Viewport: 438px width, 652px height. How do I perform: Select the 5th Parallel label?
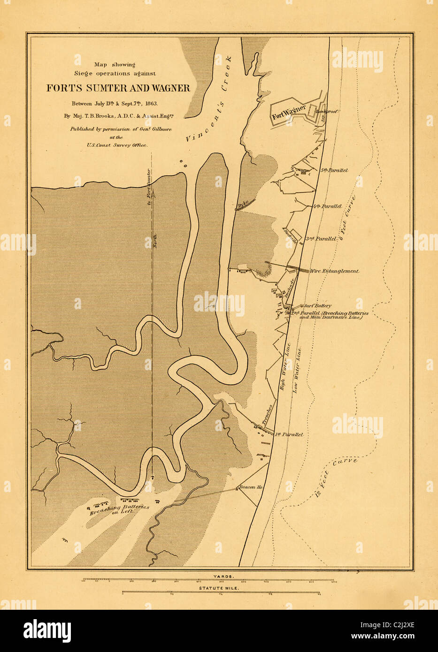(x=334, y=170)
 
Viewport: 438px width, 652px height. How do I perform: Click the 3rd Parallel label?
(x=322, y=239)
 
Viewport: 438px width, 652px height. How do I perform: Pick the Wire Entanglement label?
(x=335, y=271)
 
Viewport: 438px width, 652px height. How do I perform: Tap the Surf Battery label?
(x=318, y=306)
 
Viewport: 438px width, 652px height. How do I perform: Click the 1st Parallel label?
(x=289, y=435)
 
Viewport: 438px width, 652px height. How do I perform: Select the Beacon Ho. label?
(x=251, y=487)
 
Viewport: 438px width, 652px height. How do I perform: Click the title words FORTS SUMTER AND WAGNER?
(x=118, y=88)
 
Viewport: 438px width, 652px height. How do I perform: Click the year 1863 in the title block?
(x=149, y=103)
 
